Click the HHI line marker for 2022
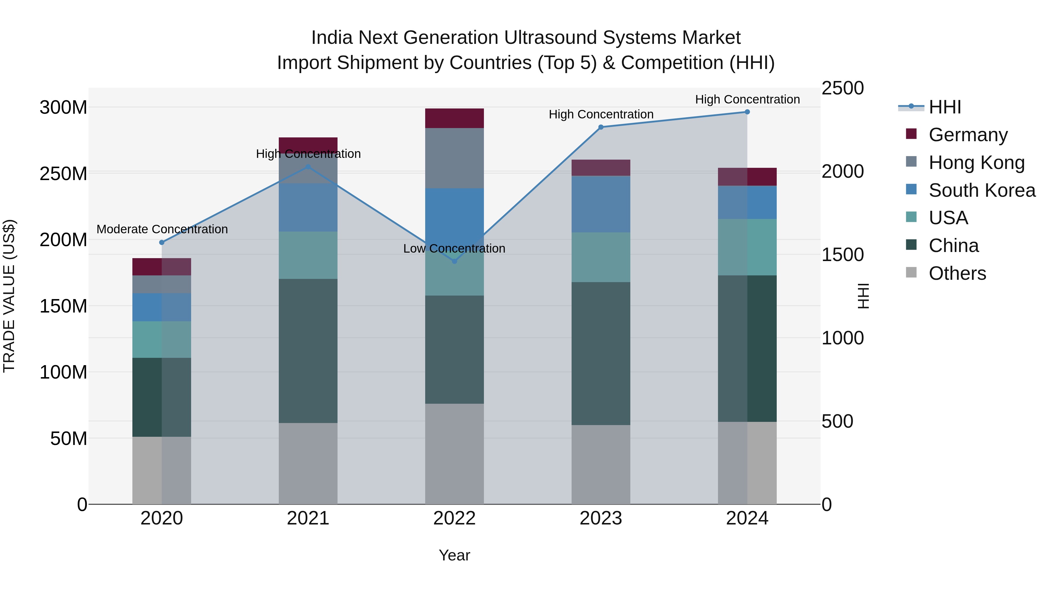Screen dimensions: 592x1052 coord(454,261)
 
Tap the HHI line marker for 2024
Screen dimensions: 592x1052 coord(747,112)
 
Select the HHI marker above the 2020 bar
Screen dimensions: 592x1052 coord(162,242)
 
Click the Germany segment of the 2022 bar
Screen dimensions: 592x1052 coord(454,118)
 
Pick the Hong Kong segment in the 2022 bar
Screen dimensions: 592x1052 coord(454,158)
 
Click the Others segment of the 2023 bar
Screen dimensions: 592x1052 coord(601,465)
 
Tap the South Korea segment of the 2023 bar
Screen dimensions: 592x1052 coord(601,204)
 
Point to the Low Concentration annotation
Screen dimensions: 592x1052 coord(454,248)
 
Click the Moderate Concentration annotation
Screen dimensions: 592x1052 coord(162,229)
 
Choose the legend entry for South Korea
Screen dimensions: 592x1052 coord(982,190)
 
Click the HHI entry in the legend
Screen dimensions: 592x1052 coord(944,107)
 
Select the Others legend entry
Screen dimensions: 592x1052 coord(957,273)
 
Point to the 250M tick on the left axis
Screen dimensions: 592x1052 coord(63,174)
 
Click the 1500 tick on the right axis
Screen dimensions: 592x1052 coord(842,255)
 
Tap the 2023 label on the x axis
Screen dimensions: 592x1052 coord(601,518)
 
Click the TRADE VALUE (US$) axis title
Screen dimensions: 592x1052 coord(9,296)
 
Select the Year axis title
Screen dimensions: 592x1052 coord(454,555)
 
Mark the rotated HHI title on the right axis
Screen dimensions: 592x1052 coord(863,296)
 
